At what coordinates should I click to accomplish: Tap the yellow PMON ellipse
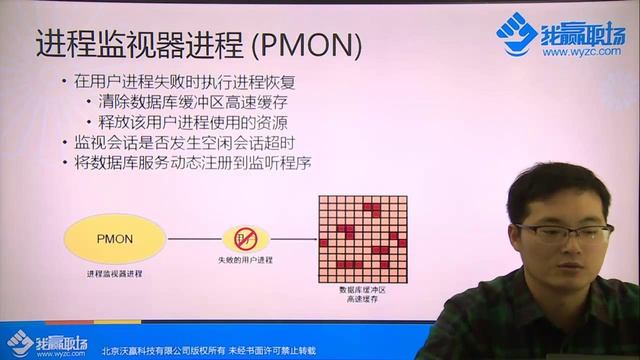[x=115, y=239]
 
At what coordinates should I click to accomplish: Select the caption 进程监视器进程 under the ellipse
[x=115, y=273]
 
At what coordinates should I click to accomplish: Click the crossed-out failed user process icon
[x=246, y=239]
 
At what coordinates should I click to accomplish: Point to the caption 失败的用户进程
[x=246, y=262]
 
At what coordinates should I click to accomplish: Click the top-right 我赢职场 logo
[x=560, y=35]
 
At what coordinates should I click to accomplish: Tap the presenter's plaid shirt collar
[x=545, y=305]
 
